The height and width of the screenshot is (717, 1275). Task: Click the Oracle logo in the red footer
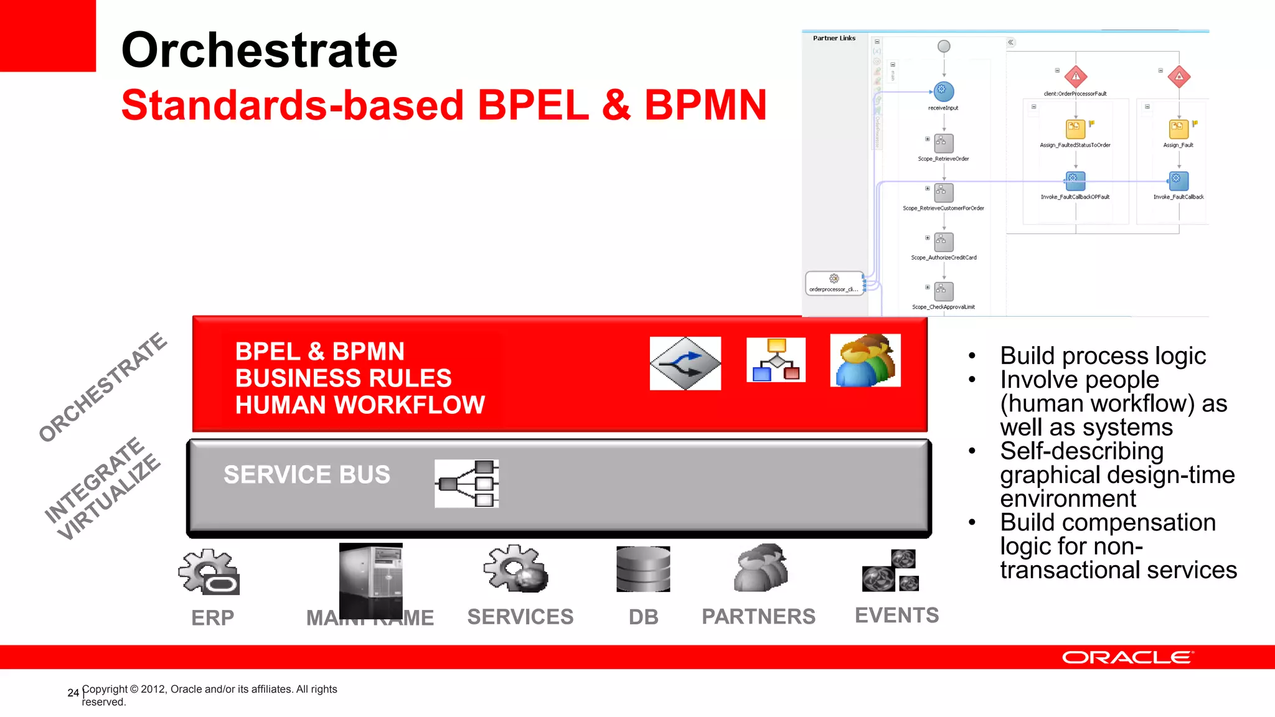coord(1127,658)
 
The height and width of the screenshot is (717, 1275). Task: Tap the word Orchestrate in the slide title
coord(259,50)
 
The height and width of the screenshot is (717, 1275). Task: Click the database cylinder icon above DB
coord(643,569)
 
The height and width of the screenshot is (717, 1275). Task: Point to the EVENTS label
coord(896,616)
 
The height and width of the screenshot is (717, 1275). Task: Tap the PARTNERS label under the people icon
coord(758,617)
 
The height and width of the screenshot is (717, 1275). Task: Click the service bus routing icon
coord(467,484)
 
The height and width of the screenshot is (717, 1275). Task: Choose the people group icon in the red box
coord(865,360)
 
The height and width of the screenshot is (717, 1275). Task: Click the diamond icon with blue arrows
coord(685,363)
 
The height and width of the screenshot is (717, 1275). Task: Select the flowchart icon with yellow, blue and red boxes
coord(776,360)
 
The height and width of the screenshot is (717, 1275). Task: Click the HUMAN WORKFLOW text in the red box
coord(360,405)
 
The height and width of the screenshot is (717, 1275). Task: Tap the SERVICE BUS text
coord(307,475)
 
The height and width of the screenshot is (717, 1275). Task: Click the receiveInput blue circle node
coord(944,91)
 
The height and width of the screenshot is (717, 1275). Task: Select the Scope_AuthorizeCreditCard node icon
coord(944,242)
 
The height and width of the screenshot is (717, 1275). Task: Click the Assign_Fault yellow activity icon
coord(1179,129)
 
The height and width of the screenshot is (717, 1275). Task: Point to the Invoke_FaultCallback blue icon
coord(1179,181)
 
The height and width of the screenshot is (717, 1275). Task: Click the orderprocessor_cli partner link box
coord(834,283)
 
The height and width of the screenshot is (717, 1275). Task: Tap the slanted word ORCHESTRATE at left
coord(103,387)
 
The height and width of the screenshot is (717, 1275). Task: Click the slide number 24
coord(73,693)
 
